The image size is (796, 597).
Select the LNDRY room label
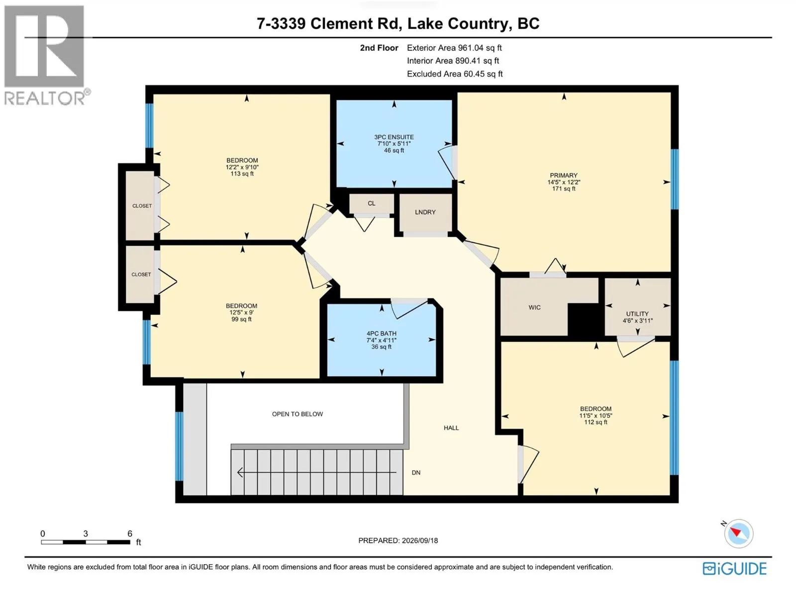click(x=425, y=212)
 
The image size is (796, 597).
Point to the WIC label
click(x=534, y=307)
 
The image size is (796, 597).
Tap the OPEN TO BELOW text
click(x=298, y=414)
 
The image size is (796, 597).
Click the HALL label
click(x=451, y=428)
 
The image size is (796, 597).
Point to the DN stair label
click(x=416, y=473)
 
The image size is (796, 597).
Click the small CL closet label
click(x=371, y=203)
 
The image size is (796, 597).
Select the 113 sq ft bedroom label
click(x=242, y=167)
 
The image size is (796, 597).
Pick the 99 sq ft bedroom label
click(x=241, y=312)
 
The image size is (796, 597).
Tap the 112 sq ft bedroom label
click(x=596, y=415)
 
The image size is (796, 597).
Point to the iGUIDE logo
click(x=735, y=568)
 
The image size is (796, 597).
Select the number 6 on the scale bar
click(x=130, y=533)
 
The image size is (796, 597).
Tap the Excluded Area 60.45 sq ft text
click(x=455, y=74)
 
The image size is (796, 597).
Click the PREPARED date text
click(x=398, y=540)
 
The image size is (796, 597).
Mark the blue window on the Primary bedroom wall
click(x=674, y=179)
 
